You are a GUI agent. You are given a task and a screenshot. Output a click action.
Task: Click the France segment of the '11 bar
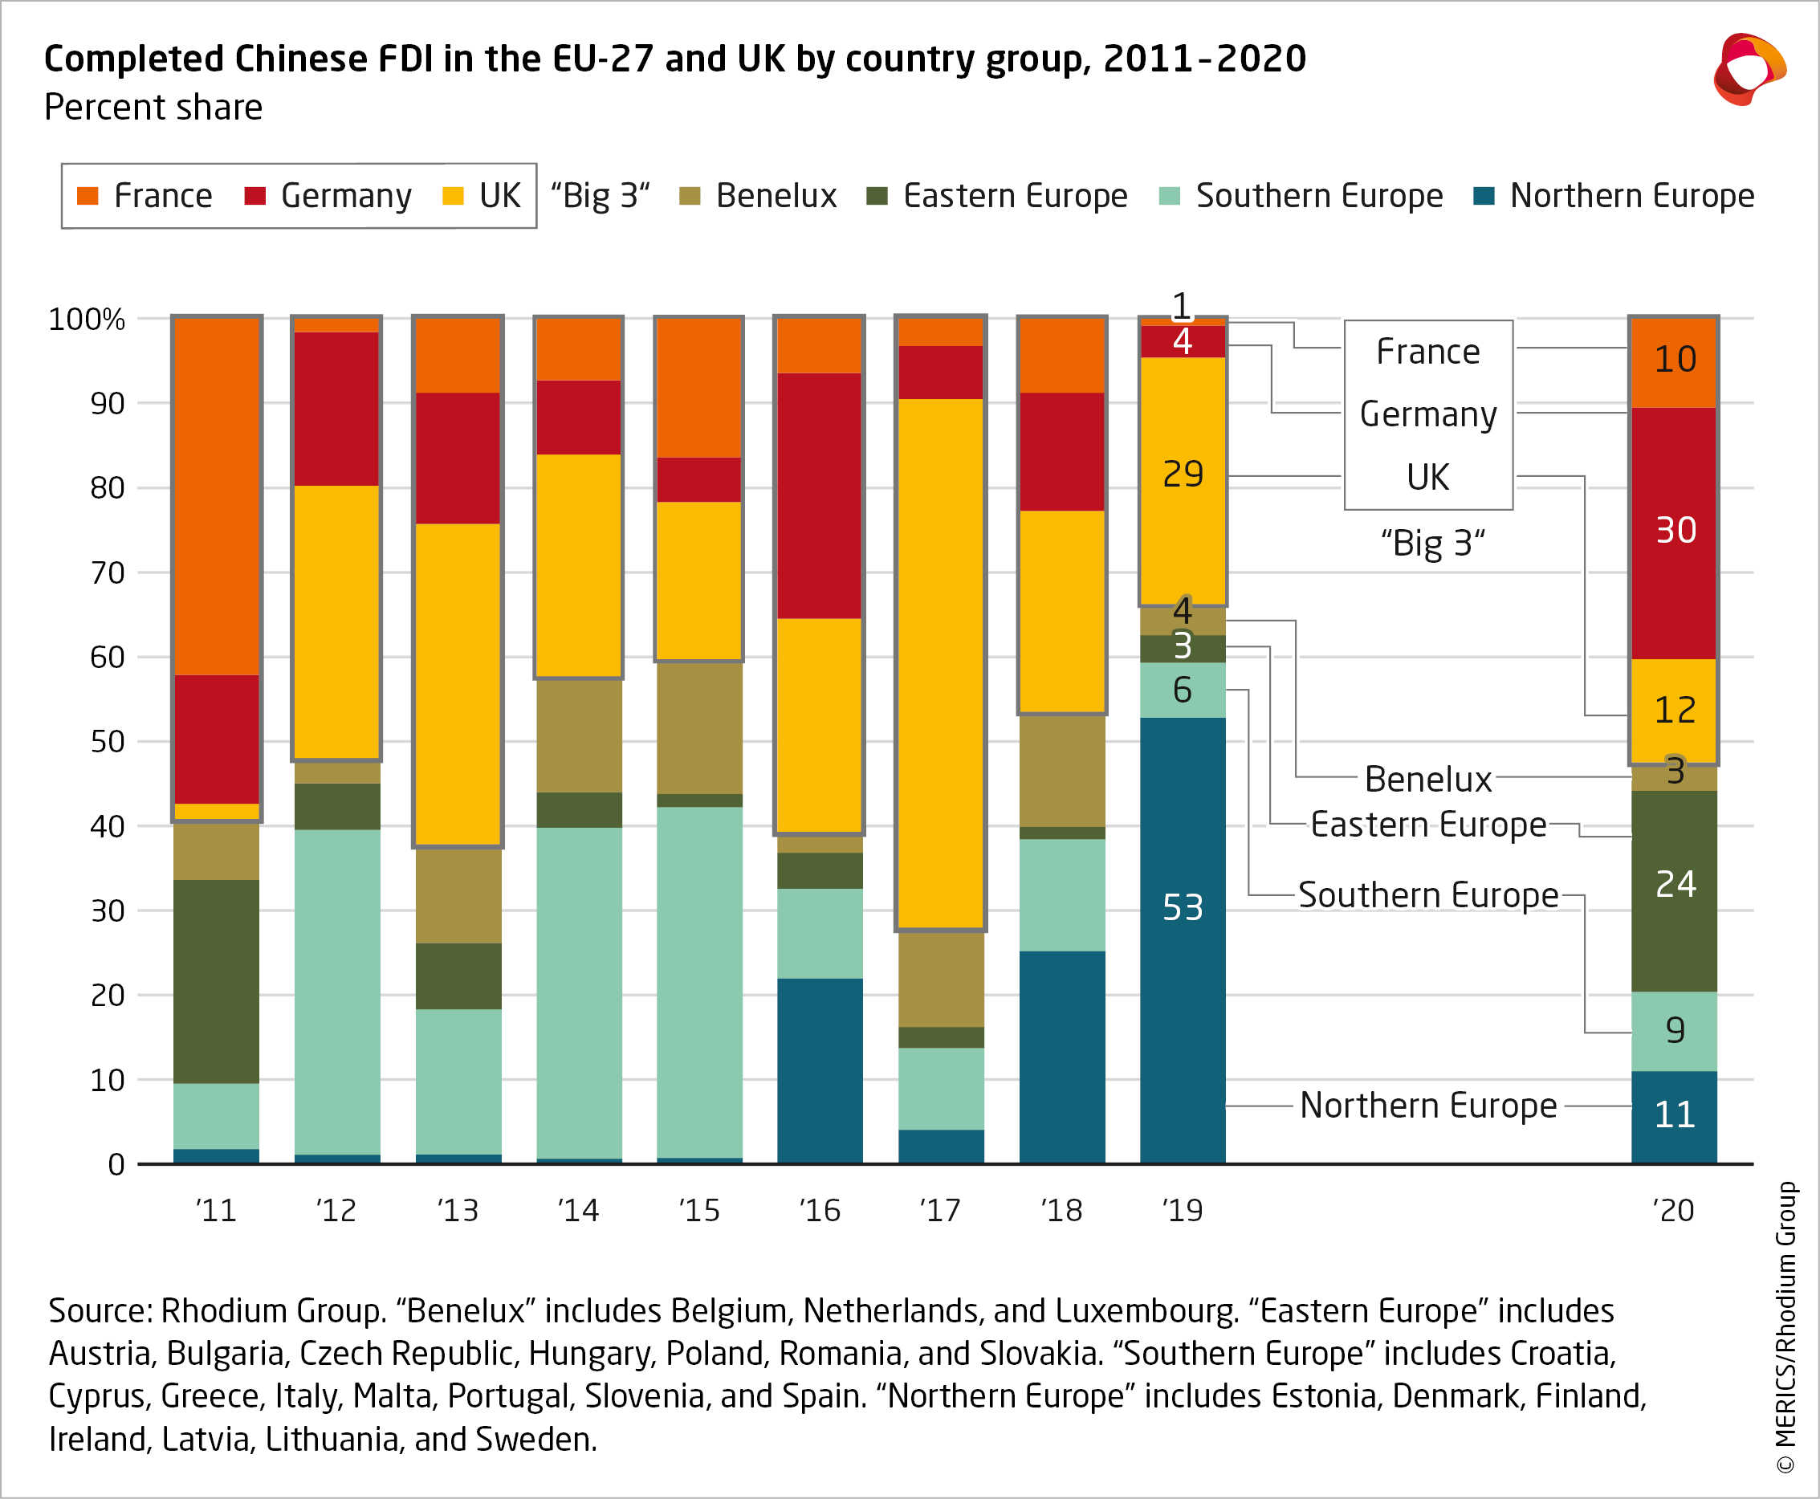pyautogui.click(x=217, y=495)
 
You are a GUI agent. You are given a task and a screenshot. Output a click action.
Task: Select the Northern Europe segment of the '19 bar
pyautogui.click(x=1182, y=993)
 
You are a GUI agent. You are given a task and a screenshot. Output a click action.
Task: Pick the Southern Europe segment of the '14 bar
pyautogui.click(x=579, y=993)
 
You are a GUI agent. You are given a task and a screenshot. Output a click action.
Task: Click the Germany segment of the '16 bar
pyautogui.click(x=820, y=495)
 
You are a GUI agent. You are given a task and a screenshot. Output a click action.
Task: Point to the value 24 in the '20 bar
pyautogui.click(x=1675, y=883)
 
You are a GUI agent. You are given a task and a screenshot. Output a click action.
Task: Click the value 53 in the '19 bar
pyautogui.click(x=1182, y=906)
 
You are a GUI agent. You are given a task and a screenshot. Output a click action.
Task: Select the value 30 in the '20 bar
pyautogui.click(x=1675, y=529)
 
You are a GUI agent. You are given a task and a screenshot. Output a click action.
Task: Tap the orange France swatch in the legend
pyautogui.click(x=88, y=196)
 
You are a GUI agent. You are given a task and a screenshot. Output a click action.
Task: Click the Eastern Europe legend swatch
pyautogui.click(x=877, y=196)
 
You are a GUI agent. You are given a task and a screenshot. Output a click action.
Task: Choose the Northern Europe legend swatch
pyautogui.click(x=1484, y=196)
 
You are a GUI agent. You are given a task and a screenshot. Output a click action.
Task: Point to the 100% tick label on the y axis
pyautogui.click(x=87, y=320)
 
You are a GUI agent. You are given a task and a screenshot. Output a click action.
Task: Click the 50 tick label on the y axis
pyautogui.click(x=107, y=742)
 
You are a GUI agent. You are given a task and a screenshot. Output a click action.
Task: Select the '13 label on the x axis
pyautogui.click(x=458, y=1211)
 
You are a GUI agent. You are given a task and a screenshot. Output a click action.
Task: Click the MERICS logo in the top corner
pyautogui.click(x=1749, y=70)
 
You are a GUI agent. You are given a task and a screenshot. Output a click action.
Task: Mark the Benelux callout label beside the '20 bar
pyautogui.click(x=1428, y=779)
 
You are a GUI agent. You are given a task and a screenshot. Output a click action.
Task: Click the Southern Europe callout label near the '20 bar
pyautogui.click(x=1428, y=894)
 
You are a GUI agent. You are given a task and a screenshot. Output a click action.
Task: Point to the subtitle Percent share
pyautogui.click(x=153, y=108)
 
